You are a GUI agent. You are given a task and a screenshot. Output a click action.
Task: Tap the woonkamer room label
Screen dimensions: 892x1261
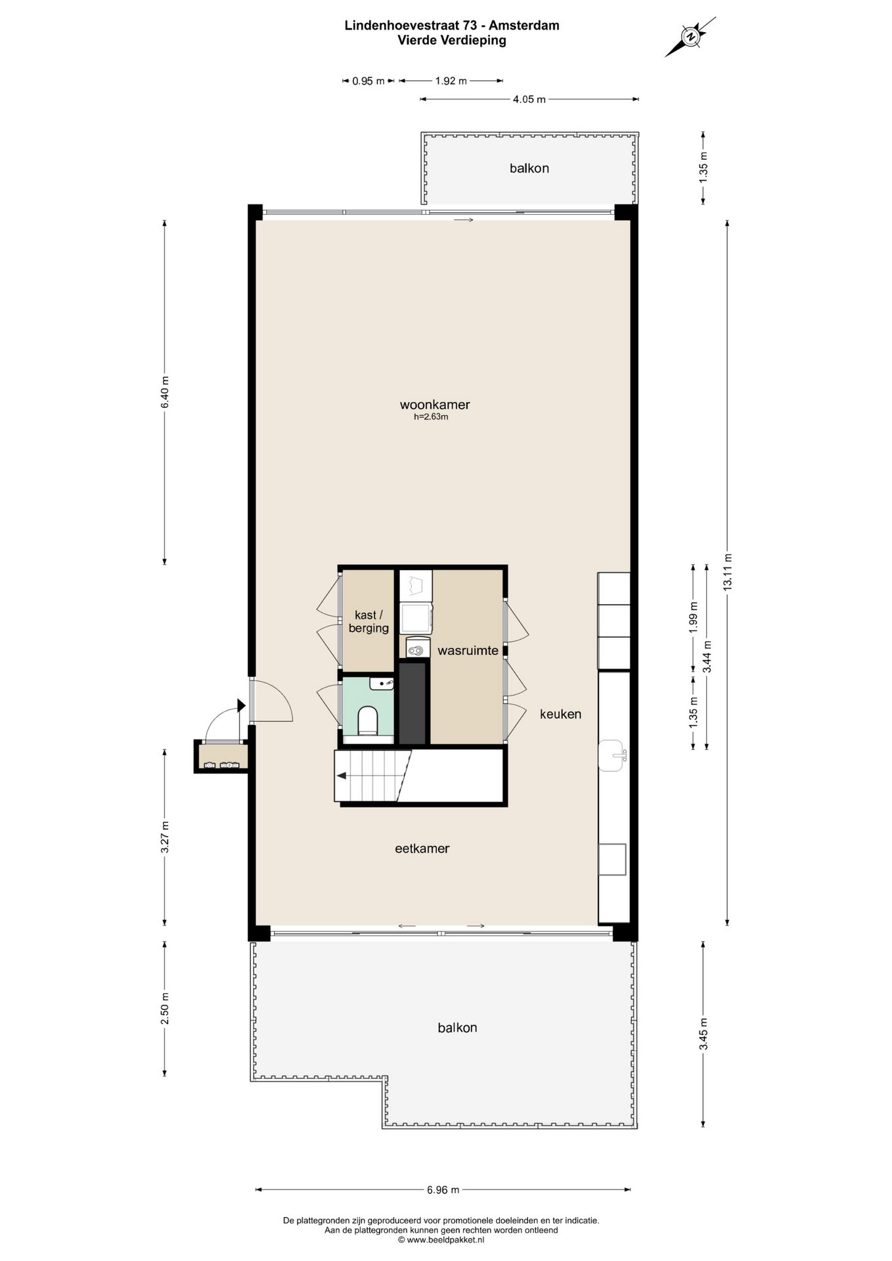tap(435, 405)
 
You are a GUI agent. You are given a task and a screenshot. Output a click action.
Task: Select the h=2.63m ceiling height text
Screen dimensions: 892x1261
tap(431, 417)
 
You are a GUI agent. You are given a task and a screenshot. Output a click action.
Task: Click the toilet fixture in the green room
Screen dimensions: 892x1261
tap(368, 720)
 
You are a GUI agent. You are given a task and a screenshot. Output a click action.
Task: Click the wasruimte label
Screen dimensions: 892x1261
tap(468, 651)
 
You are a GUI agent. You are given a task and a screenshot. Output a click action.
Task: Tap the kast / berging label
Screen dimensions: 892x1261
tap(368, 621)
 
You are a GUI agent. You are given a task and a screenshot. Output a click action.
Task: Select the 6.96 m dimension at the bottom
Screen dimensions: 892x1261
tap(443, 1189)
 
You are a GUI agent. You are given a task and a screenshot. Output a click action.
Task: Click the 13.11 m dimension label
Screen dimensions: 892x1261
tap(726, 573)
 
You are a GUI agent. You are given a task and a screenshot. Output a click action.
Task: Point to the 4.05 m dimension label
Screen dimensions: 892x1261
tap(529, 99)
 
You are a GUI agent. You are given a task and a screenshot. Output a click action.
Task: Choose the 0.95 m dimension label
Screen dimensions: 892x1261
tap(368, 81)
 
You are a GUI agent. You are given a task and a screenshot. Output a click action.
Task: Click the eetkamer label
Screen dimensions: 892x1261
tap(422, 849)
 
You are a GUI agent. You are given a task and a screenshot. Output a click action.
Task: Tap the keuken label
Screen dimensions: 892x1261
tap(561, 714)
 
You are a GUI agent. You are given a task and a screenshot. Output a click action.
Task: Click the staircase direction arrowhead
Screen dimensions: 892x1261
tap(342, 776)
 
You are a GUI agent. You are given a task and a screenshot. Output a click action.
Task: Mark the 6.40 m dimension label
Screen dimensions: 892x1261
tap(165, 392)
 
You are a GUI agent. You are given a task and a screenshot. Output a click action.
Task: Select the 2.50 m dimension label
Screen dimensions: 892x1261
tap(165, 1008)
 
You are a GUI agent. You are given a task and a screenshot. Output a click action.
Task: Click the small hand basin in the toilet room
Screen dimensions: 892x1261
tap(381, 684)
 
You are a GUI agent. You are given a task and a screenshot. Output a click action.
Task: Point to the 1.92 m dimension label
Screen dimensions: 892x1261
tap(451, 81)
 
